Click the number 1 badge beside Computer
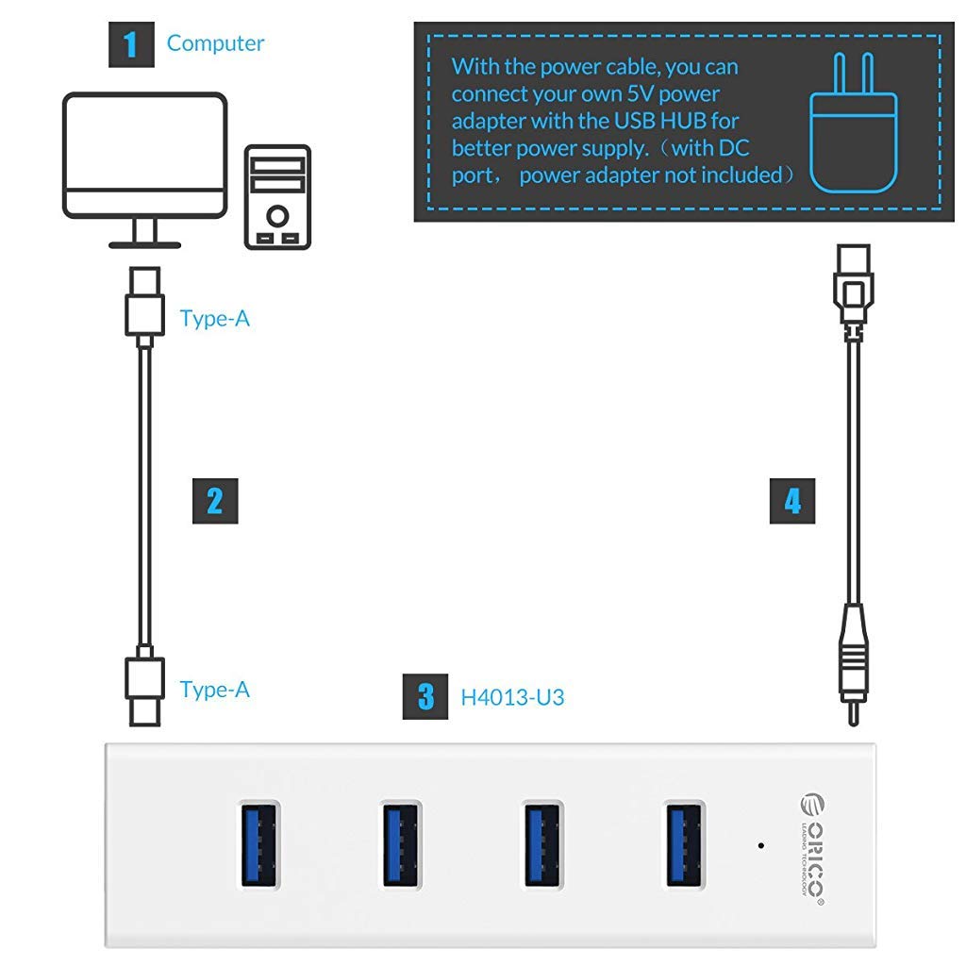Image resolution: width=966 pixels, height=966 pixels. click(131, 43)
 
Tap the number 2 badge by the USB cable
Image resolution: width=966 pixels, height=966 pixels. click(214, 501)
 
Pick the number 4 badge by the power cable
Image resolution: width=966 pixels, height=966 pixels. click(791, 501)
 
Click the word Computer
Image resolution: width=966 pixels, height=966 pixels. click(215, 43)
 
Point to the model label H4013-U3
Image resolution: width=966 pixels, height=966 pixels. click(512, 698)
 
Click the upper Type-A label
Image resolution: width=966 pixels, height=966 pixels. click(215, 319)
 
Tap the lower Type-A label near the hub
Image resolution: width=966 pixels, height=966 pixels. click(215, 690)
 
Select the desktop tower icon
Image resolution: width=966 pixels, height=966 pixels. click(277, 197)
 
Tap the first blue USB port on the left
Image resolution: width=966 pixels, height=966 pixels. click(258, 843)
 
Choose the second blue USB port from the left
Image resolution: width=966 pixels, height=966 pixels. click(401, 843)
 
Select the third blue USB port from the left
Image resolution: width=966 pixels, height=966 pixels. click(542, 843)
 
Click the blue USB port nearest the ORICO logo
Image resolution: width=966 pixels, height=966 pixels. click(684, 843)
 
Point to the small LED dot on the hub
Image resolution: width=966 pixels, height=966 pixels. click(760, 844)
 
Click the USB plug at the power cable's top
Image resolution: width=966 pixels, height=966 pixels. click(852, 283)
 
